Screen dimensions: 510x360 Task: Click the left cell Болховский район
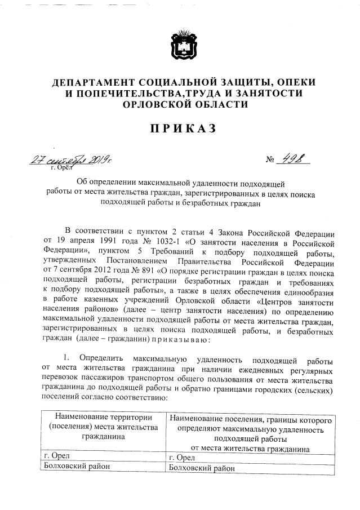(77, 466)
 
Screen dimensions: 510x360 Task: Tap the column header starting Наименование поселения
(250, 420)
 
